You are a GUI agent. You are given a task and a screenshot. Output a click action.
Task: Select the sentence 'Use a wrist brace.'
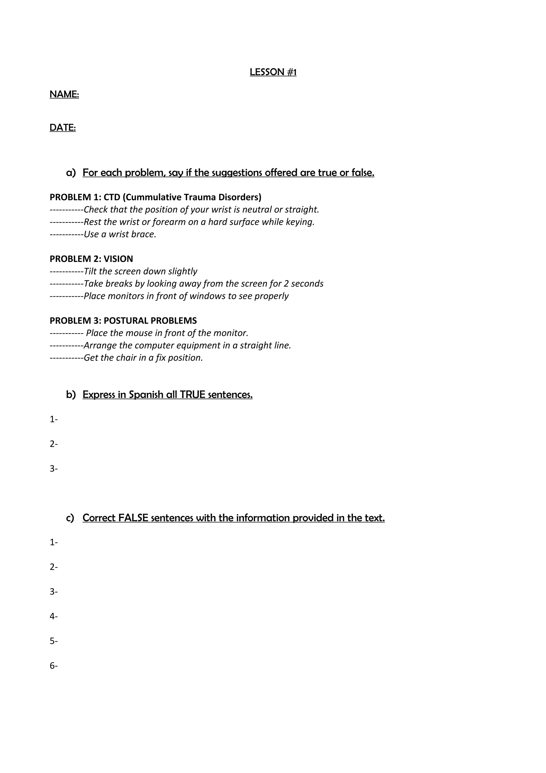tap(120, 234)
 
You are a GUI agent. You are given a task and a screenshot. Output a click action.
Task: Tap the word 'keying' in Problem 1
tap(300, 222)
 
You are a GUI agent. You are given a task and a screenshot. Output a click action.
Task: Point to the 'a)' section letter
tap(71, 173)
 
